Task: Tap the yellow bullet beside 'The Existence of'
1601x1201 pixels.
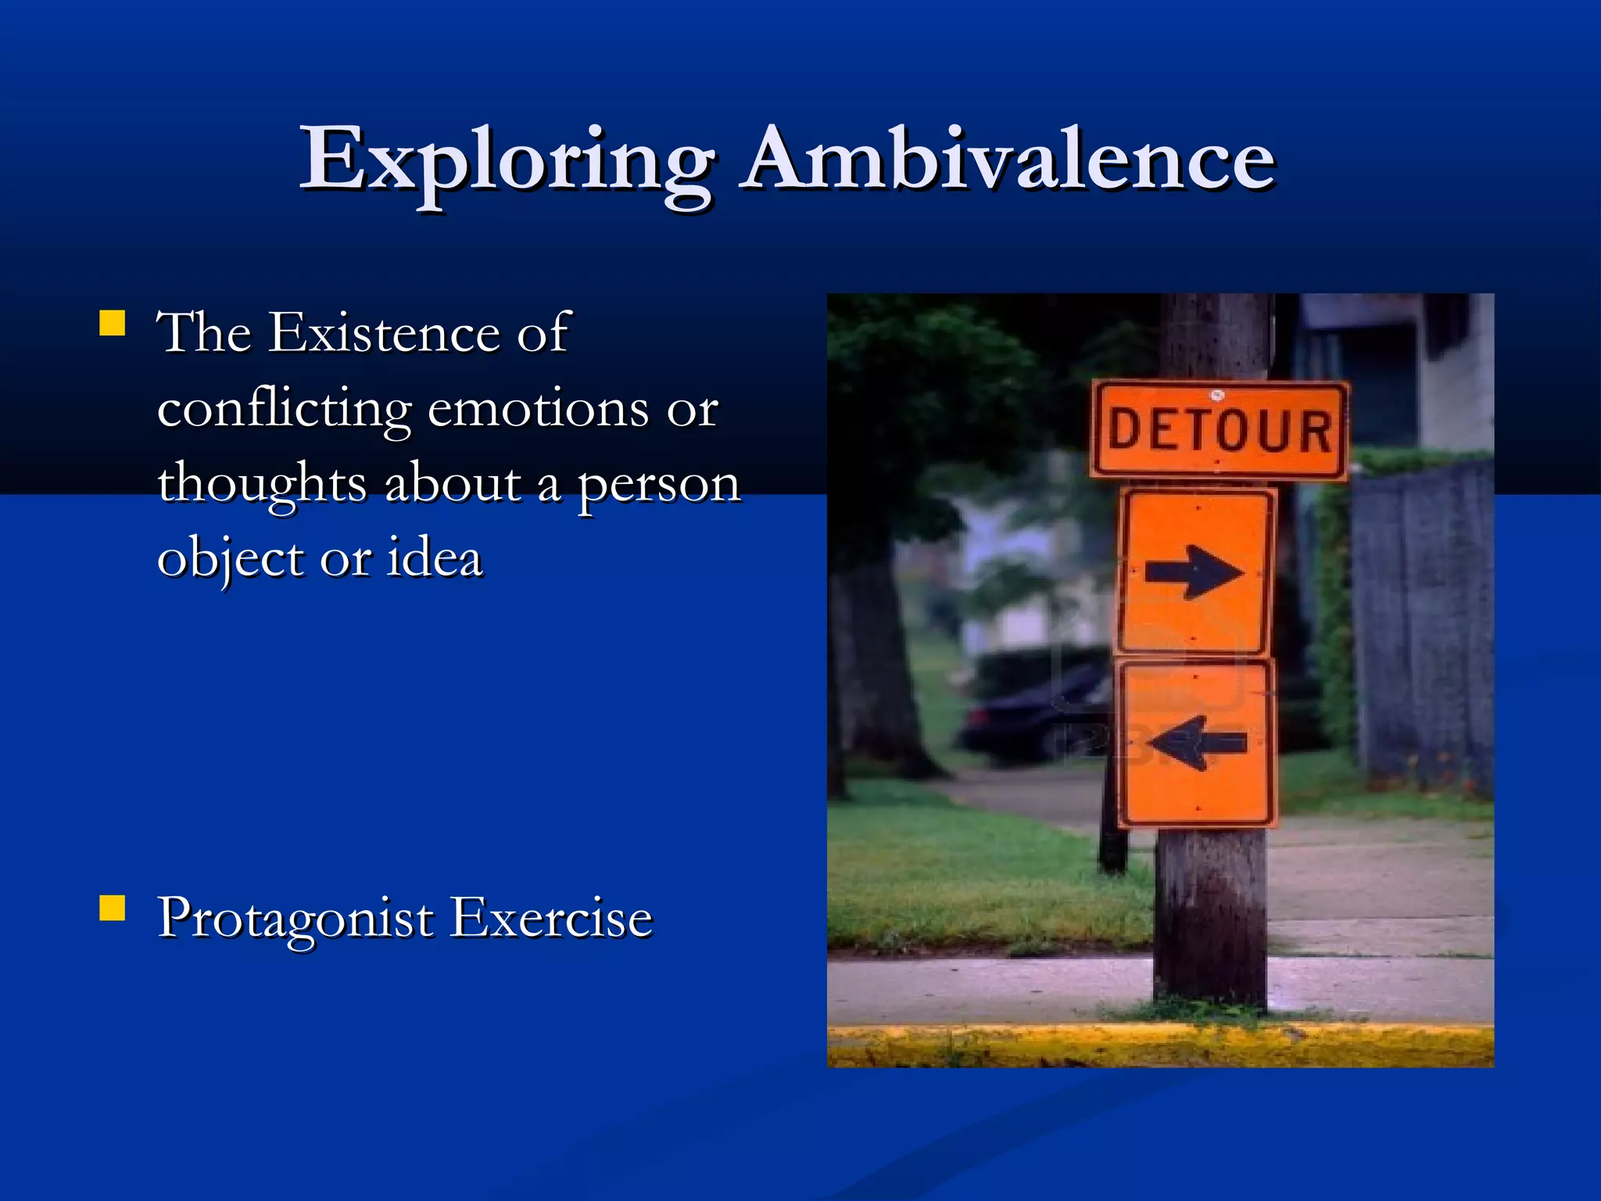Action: [113, 323]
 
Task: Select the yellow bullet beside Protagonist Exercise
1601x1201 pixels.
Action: [113, 909]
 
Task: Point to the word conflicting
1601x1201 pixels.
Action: [284, 410]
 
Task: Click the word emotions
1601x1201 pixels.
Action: [538, 410]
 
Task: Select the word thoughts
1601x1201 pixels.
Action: [262, 484]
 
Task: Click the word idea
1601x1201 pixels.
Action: [435, 558]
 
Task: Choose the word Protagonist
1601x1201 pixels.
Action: [295, 919]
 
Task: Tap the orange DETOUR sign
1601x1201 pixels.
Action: [1220, 430]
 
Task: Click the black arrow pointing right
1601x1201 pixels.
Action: [1194, 572]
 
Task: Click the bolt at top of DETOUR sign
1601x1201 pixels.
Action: [1216, 394]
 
